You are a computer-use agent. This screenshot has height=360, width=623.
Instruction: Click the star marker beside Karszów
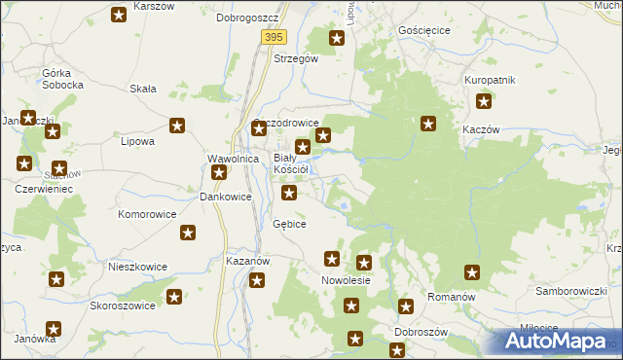[119, 15]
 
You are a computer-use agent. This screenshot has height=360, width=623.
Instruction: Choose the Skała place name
[143, 89]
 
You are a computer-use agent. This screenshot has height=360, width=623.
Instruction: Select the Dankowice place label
[226, 196]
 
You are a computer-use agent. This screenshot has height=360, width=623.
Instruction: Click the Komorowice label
[147, 213]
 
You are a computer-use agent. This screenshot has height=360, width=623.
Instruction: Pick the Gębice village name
[289, 224]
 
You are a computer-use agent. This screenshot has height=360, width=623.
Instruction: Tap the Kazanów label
[247, 262]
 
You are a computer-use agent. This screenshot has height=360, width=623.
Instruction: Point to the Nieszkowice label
[137, 267]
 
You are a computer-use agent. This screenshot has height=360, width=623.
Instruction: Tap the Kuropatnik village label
[490, 80]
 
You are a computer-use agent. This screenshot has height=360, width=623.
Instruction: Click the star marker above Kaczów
[484, 101]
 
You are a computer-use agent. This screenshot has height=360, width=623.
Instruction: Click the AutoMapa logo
[559, 342]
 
